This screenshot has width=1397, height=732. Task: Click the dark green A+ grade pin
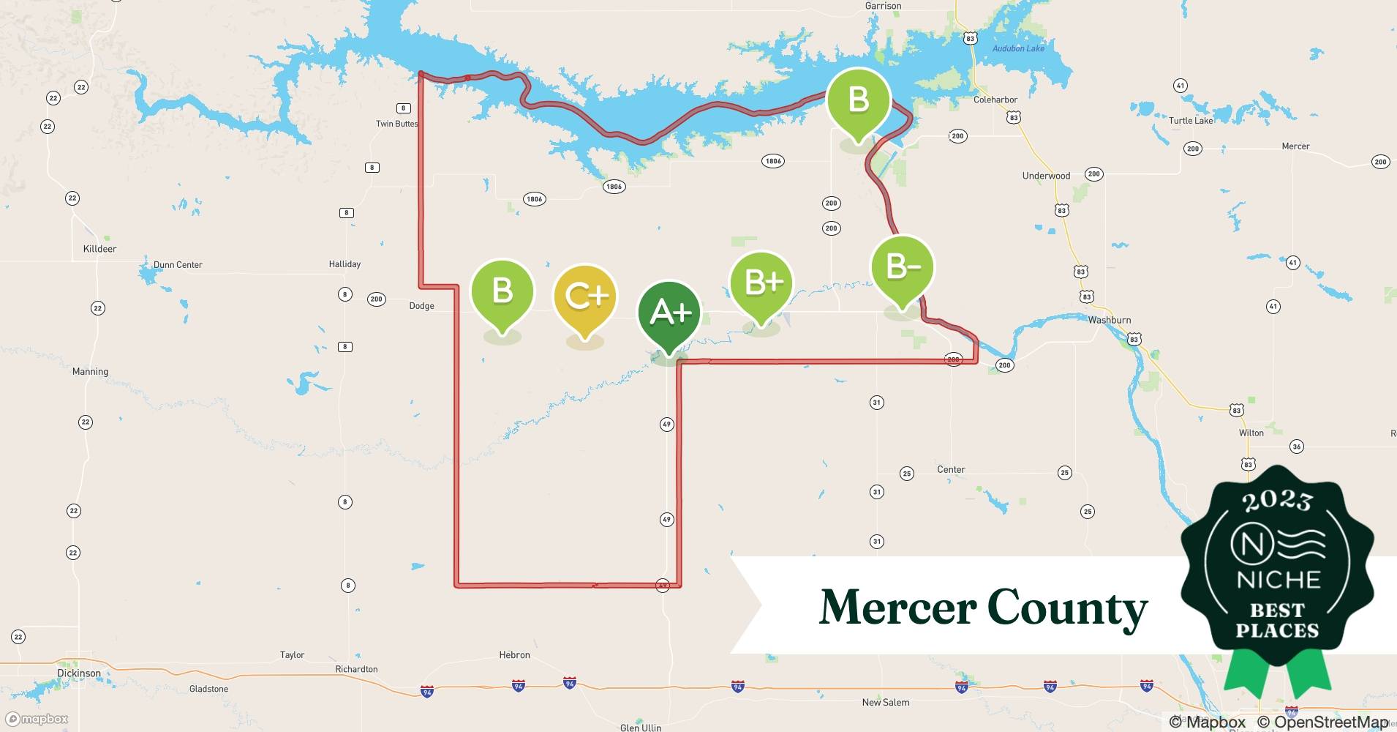point(669,313)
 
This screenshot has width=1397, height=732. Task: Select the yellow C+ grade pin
point(584,296)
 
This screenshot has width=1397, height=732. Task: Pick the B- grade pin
point(902,267)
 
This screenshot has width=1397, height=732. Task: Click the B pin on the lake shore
point(858,100)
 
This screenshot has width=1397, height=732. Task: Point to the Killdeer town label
point(99,249)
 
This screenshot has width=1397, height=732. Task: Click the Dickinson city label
point(79,673)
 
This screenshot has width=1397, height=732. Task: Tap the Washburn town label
point(1109,320)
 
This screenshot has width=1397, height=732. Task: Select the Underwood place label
point(1046,176)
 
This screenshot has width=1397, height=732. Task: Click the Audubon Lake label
point(1018,48)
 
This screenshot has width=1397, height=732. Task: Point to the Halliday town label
point(344,264)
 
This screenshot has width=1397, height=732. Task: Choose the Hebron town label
point(514,655)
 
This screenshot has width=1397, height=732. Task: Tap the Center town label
point(951,469)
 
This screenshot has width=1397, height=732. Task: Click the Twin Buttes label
point(396,124)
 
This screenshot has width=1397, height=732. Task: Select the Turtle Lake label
point(1191,121)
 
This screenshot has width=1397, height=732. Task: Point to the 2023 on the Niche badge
point(1277,501)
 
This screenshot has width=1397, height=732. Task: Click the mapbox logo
point(37,719)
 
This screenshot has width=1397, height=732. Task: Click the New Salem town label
point(885,702)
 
